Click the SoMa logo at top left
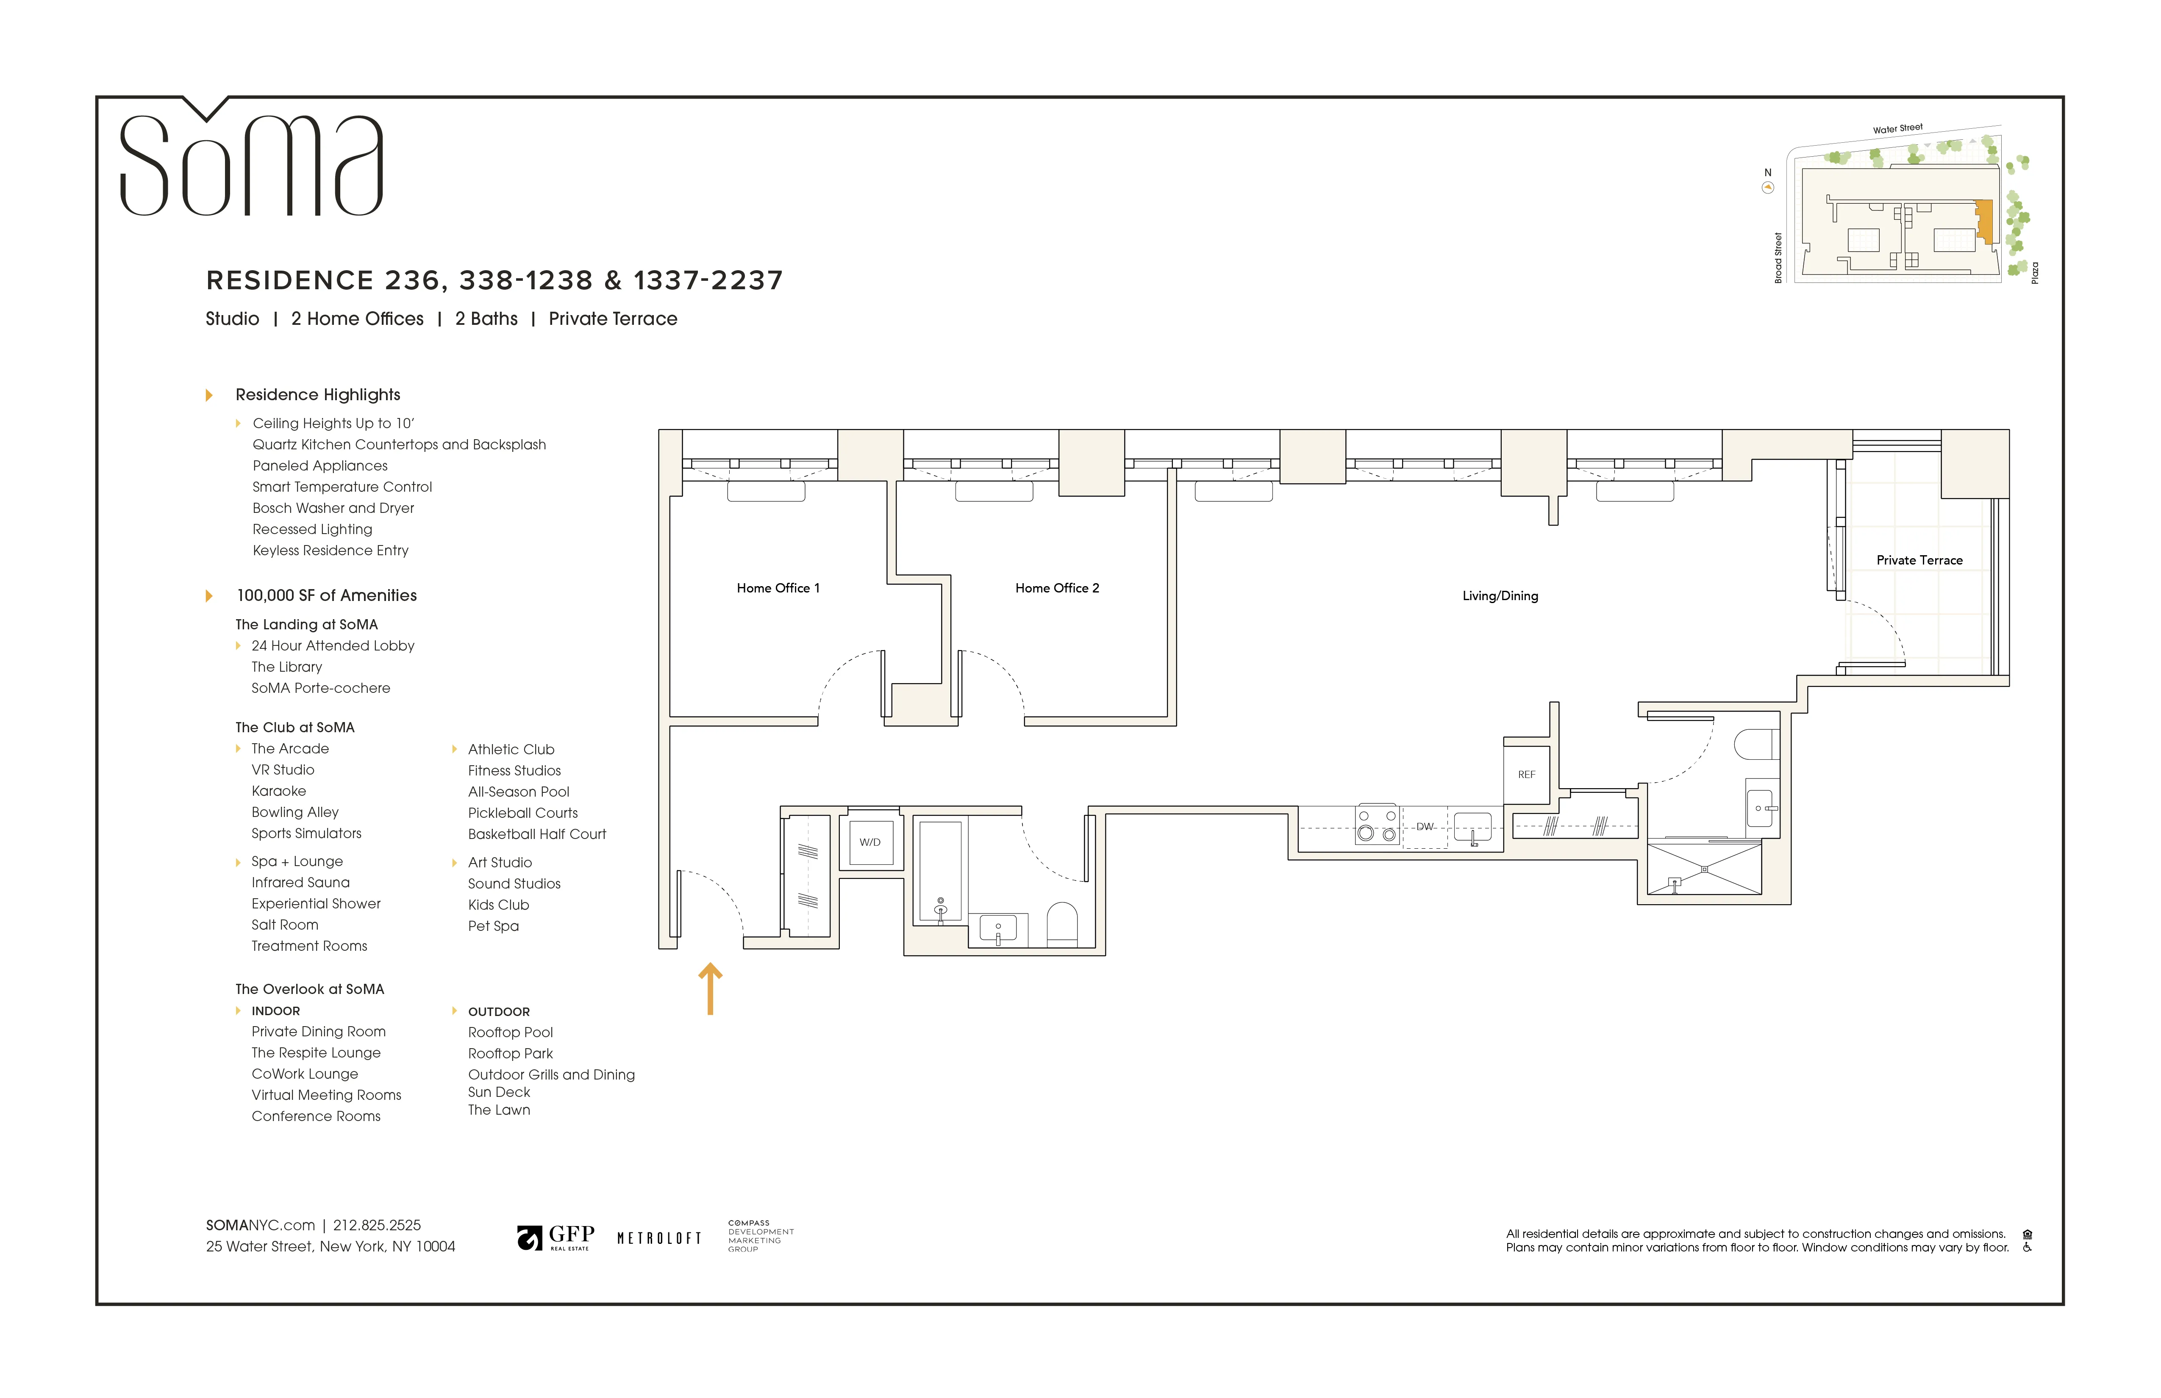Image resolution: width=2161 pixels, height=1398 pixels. pyautogui.click(x=252, y=163)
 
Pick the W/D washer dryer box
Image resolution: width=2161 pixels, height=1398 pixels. pyautogui.click(x=870, y=842)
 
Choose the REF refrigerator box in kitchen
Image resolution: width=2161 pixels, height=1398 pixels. pyautogui.click(x=1526, y=774)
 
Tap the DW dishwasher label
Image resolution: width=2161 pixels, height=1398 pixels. pyautogui.click(x=1425, y=827)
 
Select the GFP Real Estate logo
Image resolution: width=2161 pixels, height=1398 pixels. pyautogui.click(x=556, y=1237)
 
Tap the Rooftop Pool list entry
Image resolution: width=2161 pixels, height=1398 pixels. pyautogui.click(x=510, y=1032)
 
